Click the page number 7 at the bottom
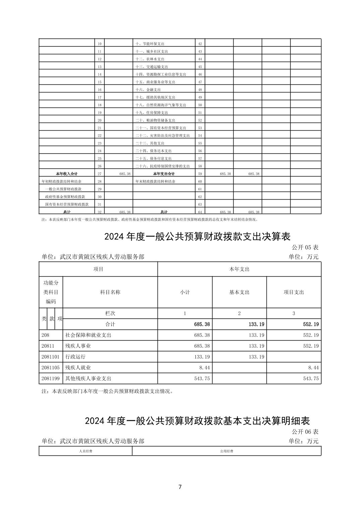click(x=180, y=487)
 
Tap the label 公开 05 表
click(x=305, y=247)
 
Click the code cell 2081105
click(x=50, y=368)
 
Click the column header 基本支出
click(x=239, y=292)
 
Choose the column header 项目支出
click(x=294, y=292)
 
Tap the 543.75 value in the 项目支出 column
click(x=311, y=379)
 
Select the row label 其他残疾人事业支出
click(x=88, y=379)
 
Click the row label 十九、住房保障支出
click(x=152, y=113)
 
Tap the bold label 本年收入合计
click(x=67, y=174)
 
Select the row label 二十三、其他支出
click(x=149, y=143)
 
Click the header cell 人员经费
click(x=85, y=451)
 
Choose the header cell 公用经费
click(x=227, y=451)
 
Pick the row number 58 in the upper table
click(x=200, y=166)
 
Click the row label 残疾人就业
click(x=78, y=368)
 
